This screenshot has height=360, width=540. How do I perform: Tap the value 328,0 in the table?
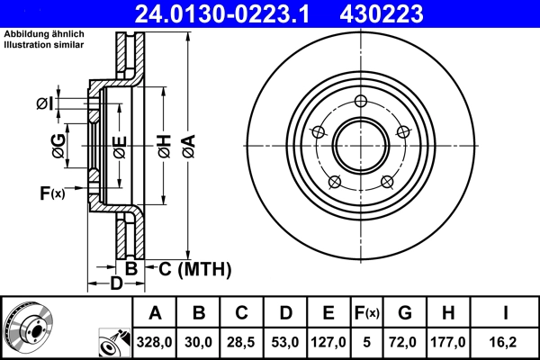pyautogui.click(x=155, y=343)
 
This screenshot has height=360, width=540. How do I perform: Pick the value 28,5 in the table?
pyautogui.click(x=242, y=343)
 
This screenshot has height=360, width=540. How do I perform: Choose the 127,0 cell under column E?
pyautogui.click(x=328, y=343)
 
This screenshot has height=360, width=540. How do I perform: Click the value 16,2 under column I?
pyautogui.click(x=506, y=343)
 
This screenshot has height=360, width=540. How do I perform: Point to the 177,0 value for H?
pyautogui.click(x=447, y=343)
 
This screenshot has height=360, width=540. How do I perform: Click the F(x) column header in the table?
pyautogui.click(x=365, y=313)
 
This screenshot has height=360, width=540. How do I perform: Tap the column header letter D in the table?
pyautogui.click(x=285, y=313)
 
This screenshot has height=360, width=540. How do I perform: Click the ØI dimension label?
pyautogui.click(x=44, y=104)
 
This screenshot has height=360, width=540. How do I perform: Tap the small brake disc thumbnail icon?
pyautogui.click(x=27, y=328)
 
